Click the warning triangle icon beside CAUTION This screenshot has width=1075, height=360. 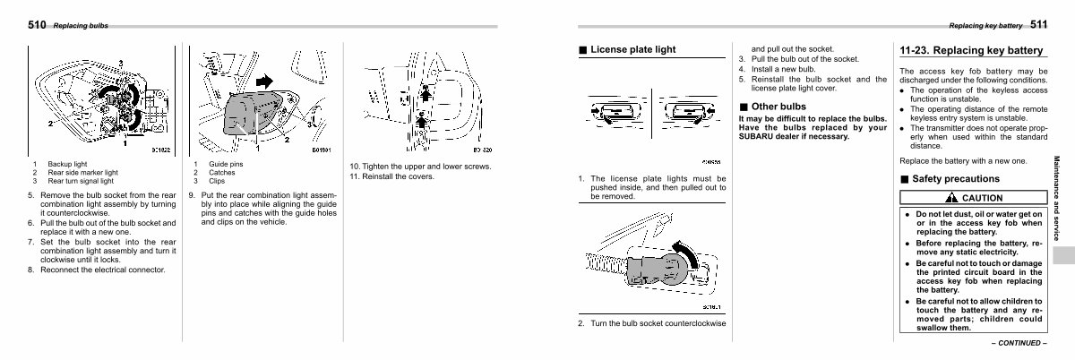click(950, 198)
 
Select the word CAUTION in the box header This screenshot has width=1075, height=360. click(982, 198)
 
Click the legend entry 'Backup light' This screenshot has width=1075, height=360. click(66, 166)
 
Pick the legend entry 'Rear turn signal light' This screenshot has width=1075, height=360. click(81, 181)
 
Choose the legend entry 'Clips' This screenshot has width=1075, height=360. click(217, 181)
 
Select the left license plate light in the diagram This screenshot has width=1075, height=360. click(617, 112)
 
